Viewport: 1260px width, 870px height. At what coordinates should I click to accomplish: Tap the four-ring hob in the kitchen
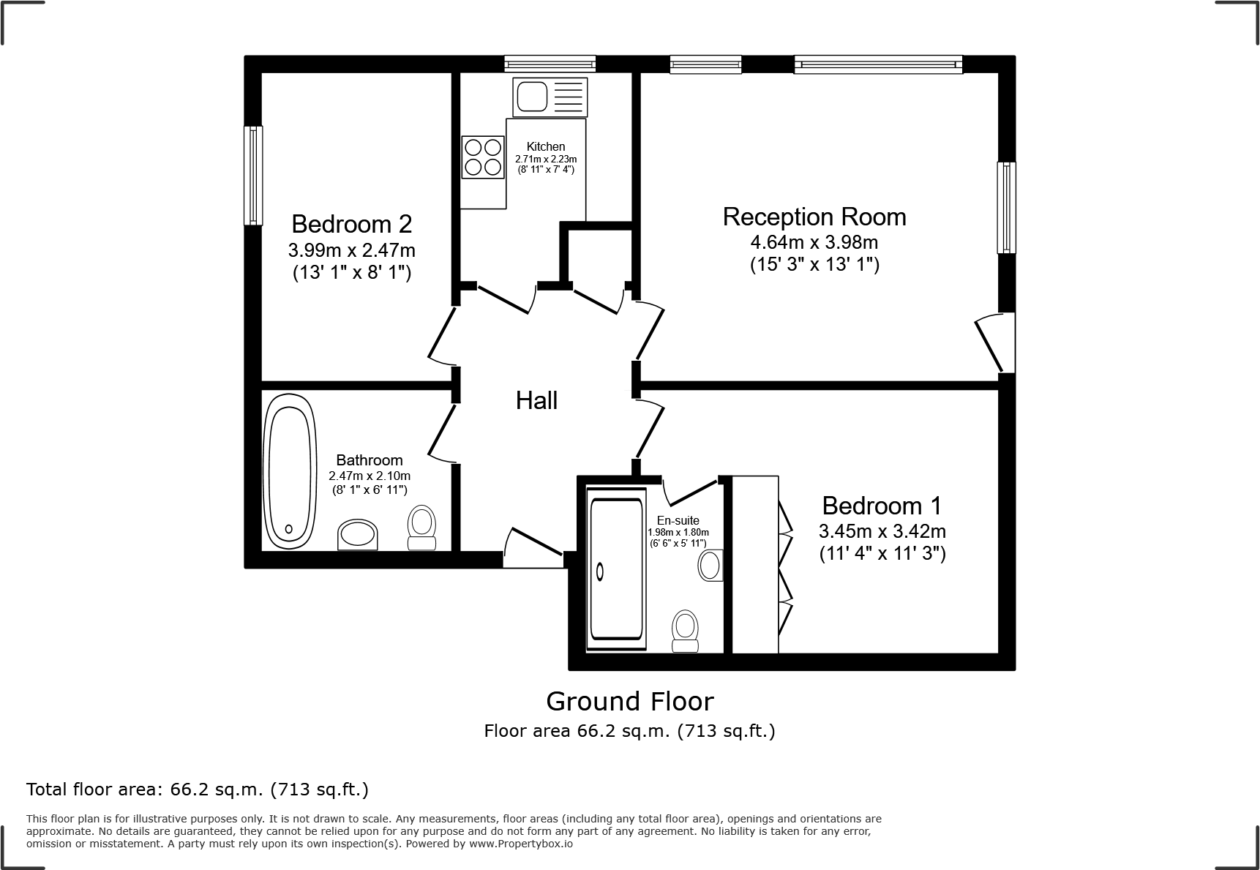pyautogui.click(x=483, y=157)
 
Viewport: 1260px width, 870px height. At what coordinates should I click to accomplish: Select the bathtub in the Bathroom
pyautogui.click(x=290, y=471)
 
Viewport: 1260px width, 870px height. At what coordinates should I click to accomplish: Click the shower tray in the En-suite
pyautogui.click(x=617, y=570)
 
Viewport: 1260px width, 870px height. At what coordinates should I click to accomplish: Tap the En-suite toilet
pyautogui.click(x=685, y=631)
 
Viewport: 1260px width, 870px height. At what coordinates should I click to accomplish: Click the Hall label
pyautogui.click(x=536, y=400)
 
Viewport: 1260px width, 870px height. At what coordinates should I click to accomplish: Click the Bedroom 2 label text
pyautogui.click(x=351, y=223)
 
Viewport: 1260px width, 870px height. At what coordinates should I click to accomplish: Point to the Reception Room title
pyautogui.click(x=814, y=217)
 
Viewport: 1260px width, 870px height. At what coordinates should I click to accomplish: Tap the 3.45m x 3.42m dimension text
pyautogui.click(x=882, y=530)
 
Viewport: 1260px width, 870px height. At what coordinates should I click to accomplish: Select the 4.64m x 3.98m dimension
pyautogui.click(x=814, y=241)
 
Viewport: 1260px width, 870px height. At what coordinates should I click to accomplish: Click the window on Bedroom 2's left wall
pyautogui.click(x=253, y=176)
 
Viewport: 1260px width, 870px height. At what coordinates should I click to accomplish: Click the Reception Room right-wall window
pyautogui.click(x=1007, y=208)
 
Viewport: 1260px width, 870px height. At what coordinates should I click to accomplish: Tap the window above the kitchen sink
pyautogui.click(x=550, y=64)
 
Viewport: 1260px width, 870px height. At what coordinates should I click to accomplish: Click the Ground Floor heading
pyautogui.click(x=629, y=701)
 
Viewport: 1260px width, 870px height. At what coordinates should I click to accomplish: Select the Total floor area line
pyautogui.click(x=198, y=790)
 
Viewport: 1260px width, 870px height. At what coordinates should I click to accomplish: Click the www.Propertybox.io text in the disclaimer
pyautogui.click(x=520, y=844)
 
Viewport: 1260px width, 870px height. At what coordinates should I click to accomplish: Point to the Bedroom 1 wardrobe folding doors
pyautogui.click(x=785, y=568)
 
